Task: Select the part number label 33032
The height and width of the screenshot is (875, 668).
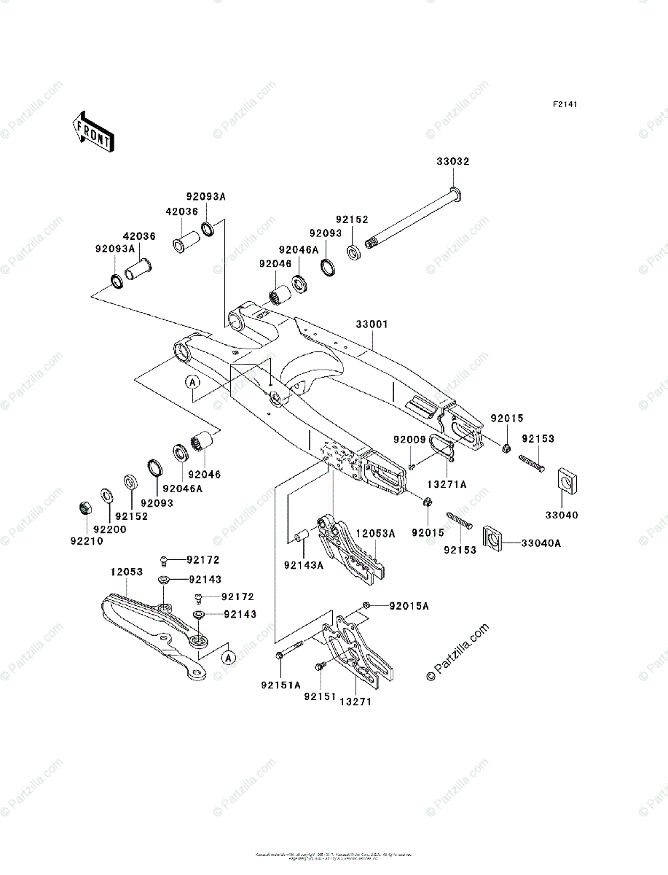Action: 453,162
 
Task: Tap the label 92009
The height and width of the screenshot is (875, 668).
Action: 409,440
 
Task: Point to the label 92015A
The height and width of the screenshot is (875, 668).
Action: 409,606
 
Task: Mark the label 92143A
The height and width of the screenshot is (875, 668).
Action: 304,564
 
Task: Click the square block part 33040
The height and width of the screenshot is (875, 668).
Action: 566,480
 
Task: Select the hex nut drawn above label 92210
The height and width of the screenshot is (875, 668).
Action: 84,507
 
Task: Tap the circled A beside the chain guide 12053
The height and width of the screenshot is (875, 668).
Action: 229,658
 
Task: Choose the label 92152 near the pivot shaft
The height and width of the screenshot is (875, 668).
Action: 352,219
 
